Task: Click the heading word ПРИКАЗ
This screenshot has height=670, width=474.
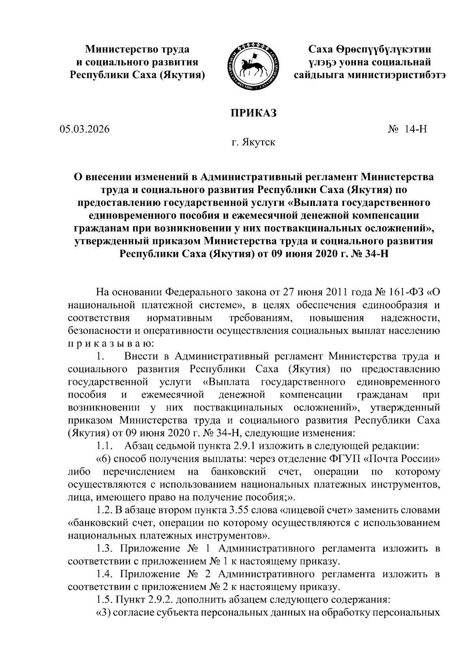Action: (253, 113)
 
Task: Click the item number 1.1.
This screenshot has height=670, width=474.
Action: (105, 447)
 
